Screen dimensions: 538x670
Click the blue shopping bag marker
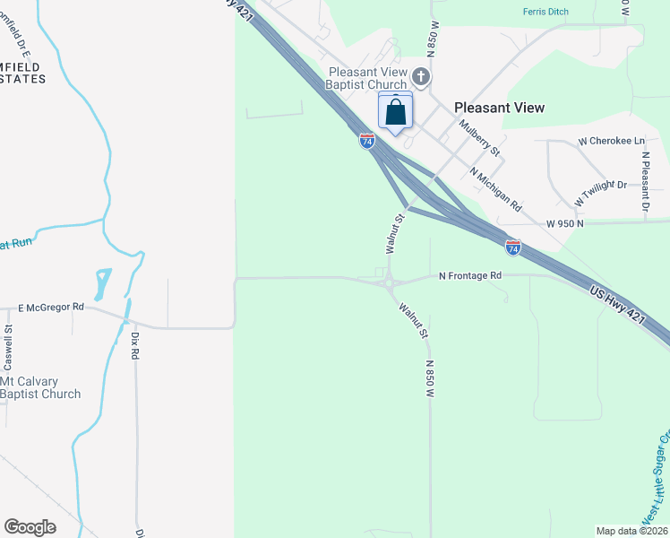[396, 113]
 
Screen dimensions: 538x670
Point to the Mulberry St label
[478, 138]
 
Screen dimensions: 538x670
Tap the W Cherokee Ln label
[611, 142]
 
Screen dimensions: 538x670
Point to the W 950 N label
[566, 223]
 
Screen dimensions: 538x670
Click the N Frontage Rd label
[469, 276]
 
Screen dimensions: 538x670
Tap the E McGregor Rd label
[51, 308]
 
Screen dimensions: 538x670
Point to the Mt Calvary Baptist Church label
[40, 387]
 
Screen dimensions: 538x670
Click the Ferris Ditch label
[545, 12]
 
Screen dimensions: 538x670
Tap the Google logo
[30, 527]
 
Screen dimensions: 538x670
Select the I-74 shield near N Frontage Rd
[512, 246]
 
